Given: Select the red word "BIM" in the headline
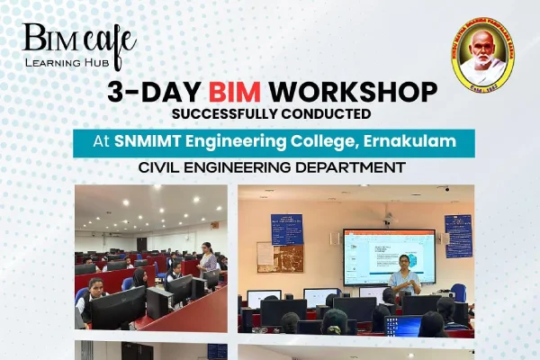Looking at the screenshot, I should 238,92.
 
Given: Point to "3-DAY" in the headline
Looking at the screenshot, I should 155,92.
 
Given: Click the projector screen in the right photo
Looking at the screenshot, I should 388,256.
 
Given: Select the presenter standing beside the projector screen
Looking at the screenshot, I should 405,277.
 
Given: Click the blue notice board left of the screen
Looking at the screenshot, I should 287,229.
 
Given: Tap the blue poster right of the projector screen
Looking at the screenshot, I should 458,236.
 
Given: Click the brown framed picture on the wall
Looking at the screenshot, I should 266,256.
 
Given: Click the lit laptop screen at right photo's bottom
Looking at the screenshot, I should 401,325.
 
